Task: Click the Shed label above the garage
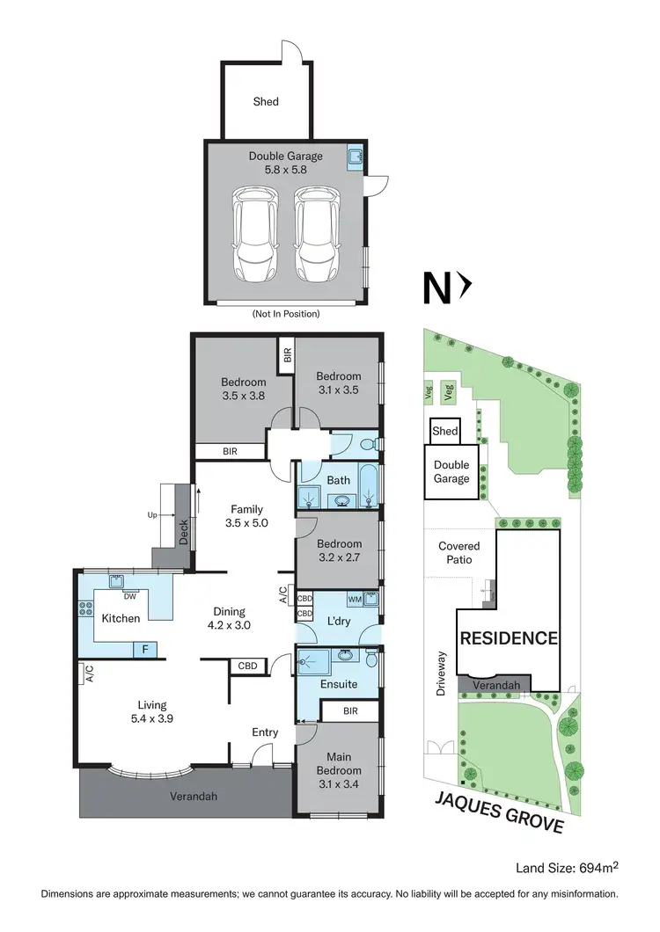(266, 101)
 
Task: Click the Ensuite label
(339, 683)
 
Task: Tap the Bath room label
(339, 481)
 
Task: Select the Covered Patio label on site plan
(458, 552)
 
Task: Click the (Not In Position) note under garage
(285, 313)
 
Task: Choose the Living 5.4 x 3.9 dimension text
(151, 711)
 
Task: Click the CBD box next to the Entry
(247, 666)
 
